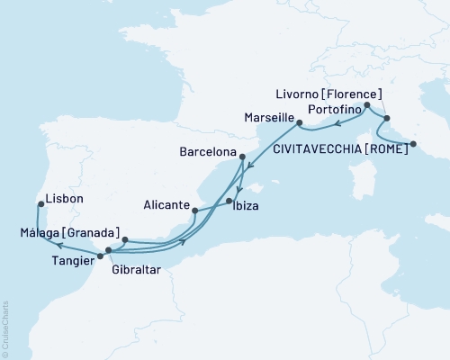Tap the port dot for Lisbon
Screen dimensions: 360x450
pos(40,203)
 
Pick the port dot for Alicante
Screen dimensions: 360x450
pos(194,212)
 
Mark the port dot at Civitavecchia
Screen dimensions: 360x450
pos(413,144)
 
